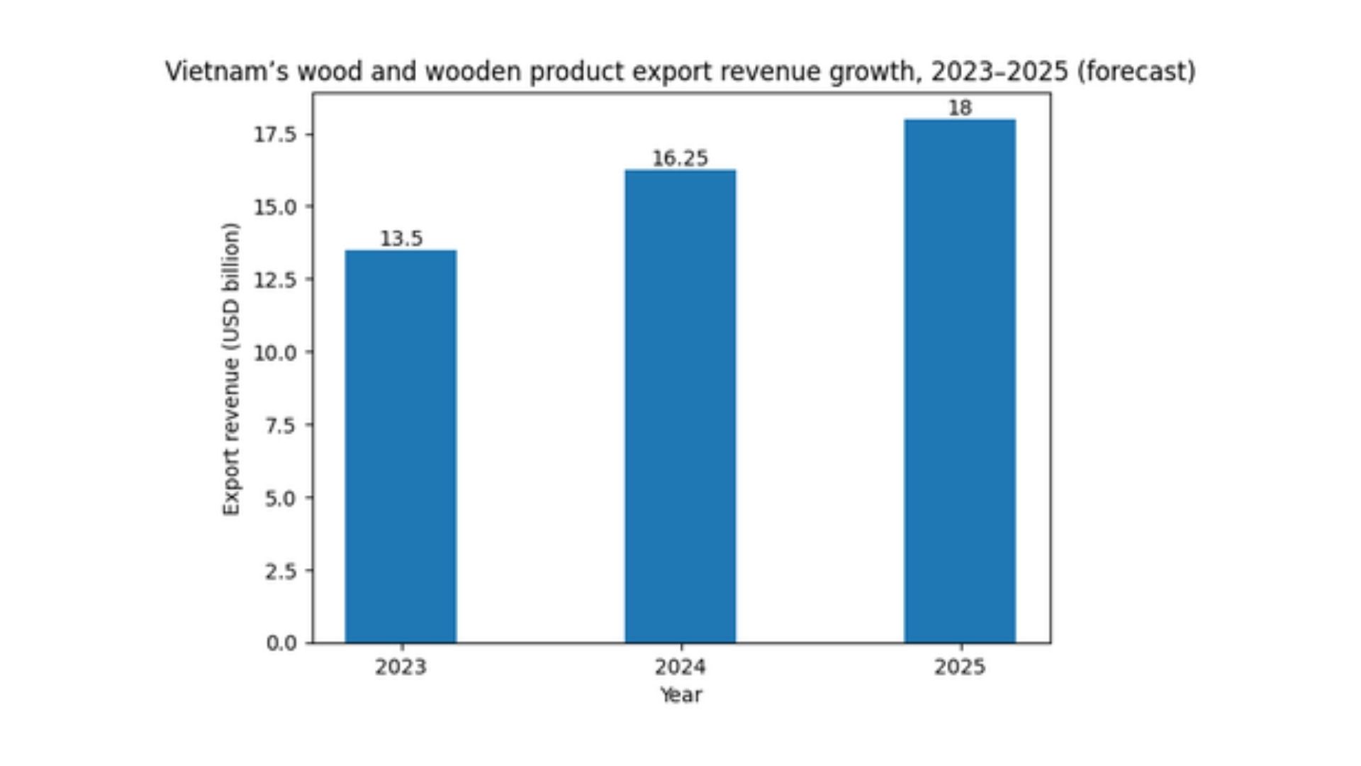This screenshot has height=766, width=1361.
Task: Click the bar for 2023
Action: (x=401, y=446)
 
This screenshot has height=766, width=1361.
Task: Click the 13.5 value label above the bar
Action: (x=401, y=239)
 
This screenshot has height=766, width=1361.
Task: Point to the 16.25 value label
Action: (x=680, y=158)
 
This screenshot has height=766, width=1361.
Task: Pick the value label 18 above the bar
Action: (x=960, y=109)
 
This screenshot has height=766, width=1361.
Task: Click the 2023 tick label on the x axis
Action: (x=401, y=667)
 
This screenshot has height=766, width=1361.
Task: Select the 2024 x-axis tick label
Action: (x=680, y=667)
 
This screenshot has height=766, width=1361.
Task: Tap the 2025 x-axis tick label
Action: (x=959, y=667)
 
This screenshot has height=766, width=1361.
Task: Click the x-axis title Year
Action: (x=680, y=695)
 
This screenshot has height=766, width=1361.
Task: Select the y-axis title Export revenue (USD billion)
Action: (x=231, y=369)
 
